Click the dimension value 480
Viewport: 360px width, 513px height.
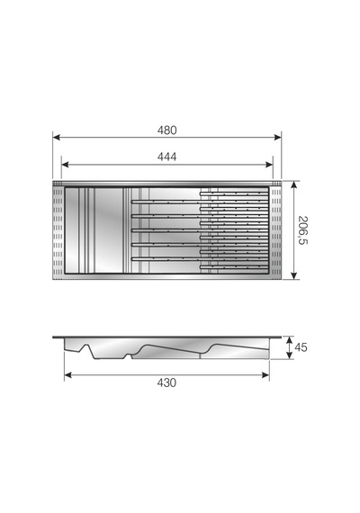click(x=166, y=130)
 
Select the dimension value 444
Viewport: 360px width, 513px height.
click(x=166, y=157)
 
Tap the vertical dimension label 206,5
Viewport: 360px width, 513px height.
click(x=303, y=230)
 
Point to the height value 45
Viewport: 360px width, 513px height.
click(x=301, y=347)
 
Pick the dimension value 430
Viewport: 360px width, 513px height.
click(x=166, y=382)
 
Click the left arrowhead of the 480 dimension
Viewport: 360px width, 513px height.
click(x=57, y=138)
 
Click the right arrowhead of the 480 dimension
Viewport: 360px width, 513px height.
click(x=277, y=138)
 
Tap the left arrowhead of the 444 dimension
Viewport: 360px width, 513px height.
click(x=66, y=165)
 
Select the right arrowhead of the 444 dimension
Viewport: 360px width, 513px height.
click(x=269, y=165)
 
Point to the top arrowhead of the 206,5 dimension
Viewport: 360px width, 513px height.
click(x=294, y=184)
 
